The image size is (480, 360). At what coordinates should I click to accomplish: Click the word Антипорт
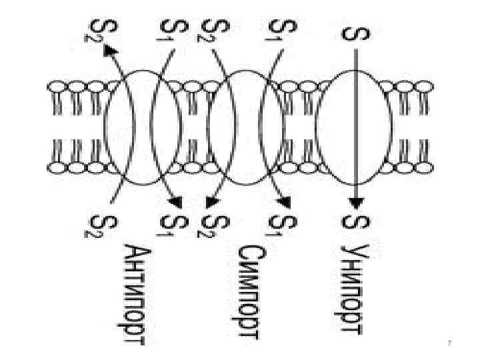pyautogui.click(x=137, y=294)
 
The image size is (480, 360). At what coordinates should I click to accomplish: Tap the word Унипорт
pyautogui.click(x=352, y=289)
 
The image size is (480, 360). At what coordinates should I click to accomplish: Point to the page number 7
pyautogui.click(x=449, y=343)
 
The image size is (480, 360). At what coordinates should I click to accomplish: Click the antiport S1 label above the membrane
pyautogui.click(x=169, y=30)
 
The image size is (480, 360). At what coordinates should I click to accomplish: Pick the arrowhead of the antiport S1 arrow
pyautogui.click(x=176, y=201)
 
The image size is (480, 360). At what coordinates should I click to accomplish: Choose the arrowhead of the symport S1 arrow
pyautogui.click(x=285, y=201)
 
